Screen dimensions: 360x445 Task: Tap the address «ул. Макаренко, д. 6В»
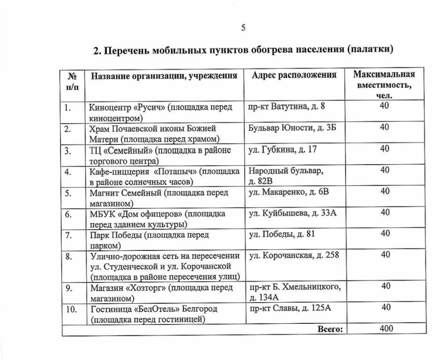[x=289, y=191]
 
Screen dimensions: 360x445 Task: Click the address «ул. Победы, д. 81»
[x=282, y=234]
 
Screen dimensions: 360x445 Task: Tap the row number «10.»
[x=71, y=309]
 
